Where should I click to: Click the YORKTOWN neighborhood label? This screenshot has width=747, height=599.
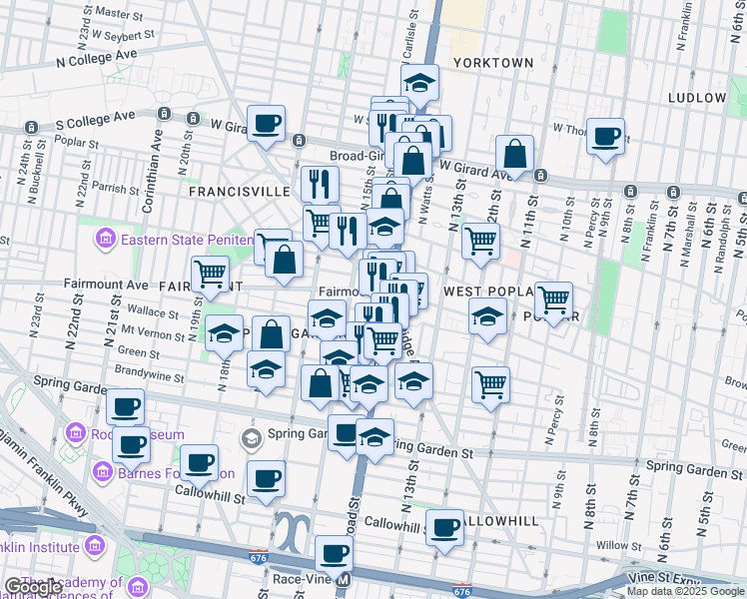(493, 62)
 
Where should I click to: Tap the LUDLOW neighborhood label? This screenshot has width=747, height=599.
(698, 98)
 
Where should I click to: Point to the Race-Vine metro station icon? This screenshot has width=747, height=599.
(344, 580)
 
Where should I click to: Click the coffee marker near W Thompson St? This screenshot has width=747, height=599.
(605, 136)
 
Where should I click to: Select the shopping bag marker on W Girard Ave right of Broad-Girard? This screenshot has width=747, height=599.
(514, 154)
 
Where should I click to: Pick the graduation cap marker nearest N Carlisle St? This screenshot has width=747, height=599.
(420, 82)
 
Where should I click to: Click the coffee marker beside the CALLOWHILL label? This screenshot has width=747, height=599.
(444, 526)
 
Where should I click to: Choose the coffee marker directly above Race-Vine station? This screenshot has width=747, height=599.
(334, 552)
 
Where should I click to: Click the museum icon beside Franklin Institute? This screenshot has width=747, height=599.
(95, 546)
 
